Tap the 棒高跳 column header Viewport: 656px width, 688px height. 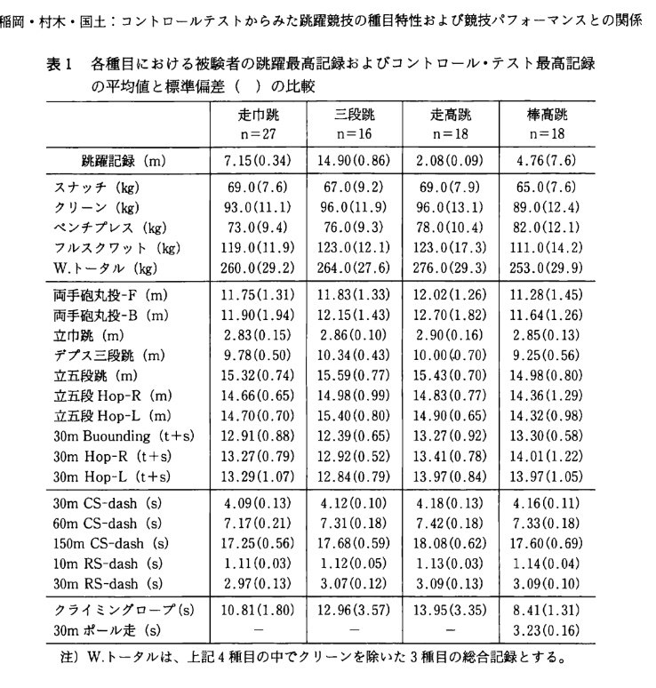click(547, 116)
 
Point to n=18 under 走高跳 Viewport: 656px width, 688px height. click(451, 135)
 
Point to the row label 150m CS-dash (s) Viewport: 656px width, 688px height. click(112, 542)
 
